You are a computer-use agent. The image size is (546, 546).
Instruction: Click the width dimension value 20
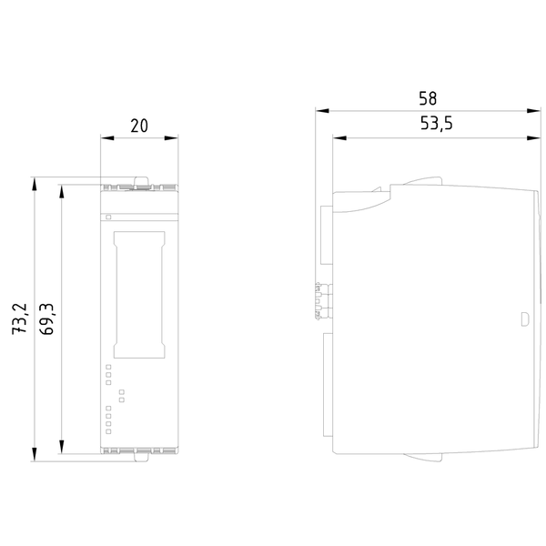[139, 126]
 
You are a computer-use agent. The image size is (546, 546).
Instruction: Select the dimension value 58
[428, 98]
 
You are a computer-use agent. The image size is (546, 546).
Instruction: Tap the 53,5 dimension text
[436, 124]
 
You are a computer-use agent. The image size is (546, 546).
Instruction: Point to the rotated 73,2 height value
[19, 319]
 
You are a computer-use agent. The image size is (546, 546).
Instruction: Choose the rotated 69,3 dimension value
[46, 319]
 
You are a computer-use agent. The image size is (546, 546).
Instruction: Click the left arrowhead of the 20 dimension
[107, 138]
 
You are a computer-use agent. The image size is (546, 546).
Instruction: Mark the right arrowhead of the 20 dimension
[171, 138]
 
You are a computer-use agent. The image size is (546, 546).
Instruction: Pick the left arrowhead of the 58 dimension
[322, 111]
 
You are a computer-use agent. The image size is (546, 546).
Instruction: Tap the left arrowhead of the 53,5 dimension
[339, 138]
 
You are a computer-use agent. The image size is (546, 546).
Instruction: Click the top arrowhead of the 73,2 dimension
[35, 184]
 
